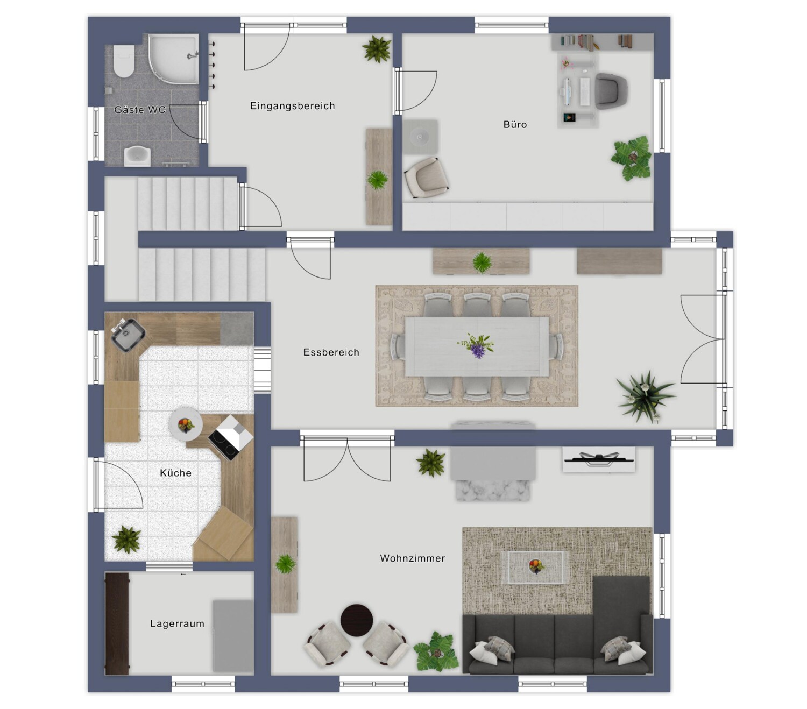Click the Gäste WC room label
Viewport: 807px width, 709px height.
click(x=139, y=110)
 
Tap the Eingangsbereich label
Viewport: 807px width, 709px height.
click(x=292, y=106)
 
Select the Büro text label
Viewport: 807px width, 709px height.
click(x=515, y=125)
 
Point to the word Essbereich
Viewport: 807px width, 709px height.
click(x=331, y=352)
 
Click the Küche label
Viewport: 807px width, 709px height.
click(x=176, y=473)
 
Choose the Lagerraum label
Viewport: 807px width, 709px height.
click(x=177, y=623)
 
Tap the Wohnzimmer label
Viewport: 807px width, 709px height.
click(x=413, y=558)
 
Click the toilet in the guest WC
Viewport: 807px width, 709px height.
click(x=124, y=61)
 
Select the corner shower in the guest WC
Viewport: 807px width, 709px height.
click(x=174, y=59)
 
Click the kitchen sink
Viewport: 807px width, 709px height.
click(x=128, y=335)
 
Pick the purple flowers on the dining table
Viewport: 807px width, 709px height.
click(x=477, y=346)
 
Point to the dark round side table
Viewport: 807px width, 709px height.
click(x=357, y=620)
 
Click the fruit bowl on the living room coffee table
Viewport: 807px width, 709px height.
click(x=536, y=566)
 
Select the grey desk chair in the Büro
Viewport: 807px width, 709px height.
click(x=612, y=91)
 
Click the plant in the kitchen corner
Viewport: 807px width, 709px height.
click(x=126, y=540)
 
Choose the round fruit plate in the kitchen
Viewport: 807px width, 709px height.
click(x=185, y=424)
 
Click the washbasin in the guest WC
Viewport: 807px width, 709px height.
click(x=137, y=156)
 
